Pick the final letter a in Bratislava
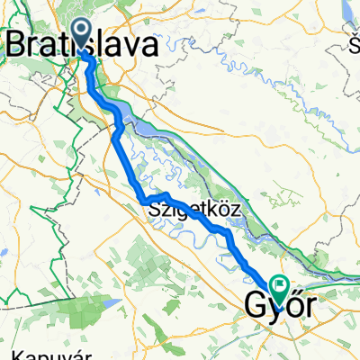(x=151, y=42)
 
